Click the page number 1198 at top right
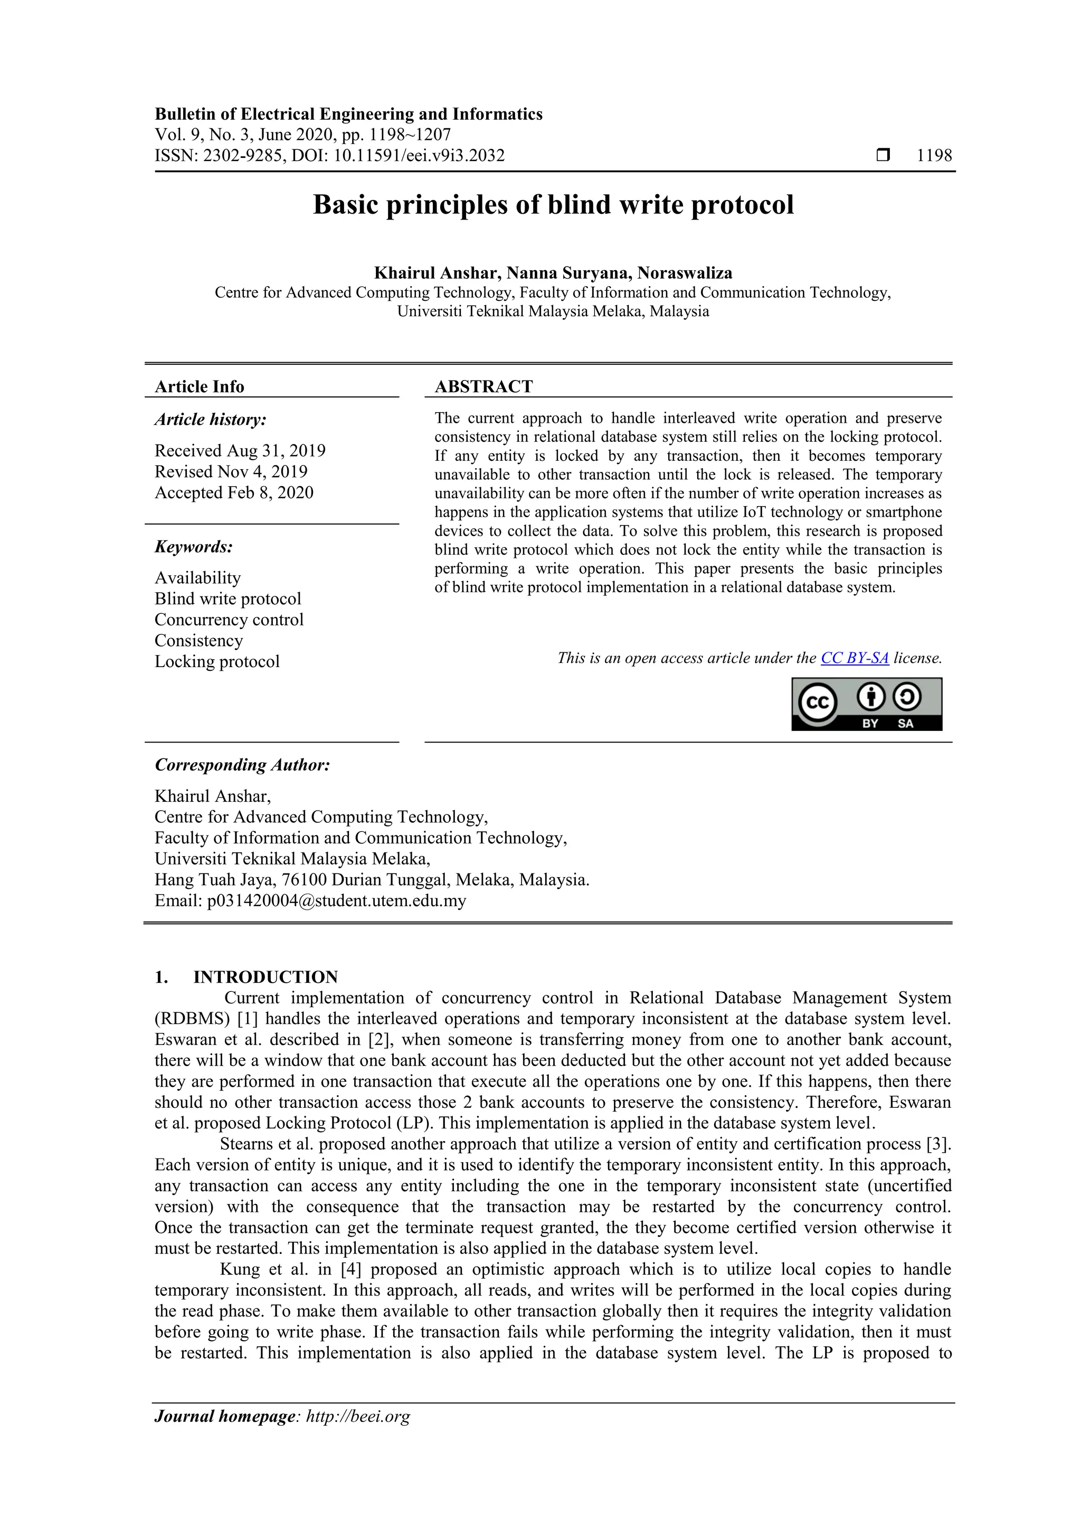(934, 156)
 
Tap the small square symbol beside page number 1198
(883, 156)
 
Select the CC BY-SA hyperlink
(854, 658)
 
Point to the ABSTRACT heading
(483, 386)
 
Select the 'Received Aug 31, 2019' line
(240, 451)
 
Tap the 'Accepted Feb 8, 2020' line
(234, 493)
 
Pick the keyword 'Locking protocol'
(216, 661)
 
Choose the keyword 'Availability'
(197, 577)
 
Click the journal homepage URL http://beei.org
(358, 1417)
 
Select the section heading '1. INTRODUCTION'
(246, 977)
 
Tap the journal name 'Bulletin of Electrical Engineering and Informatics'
(348, 114)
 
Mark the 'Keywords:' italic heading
(193, 547)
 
